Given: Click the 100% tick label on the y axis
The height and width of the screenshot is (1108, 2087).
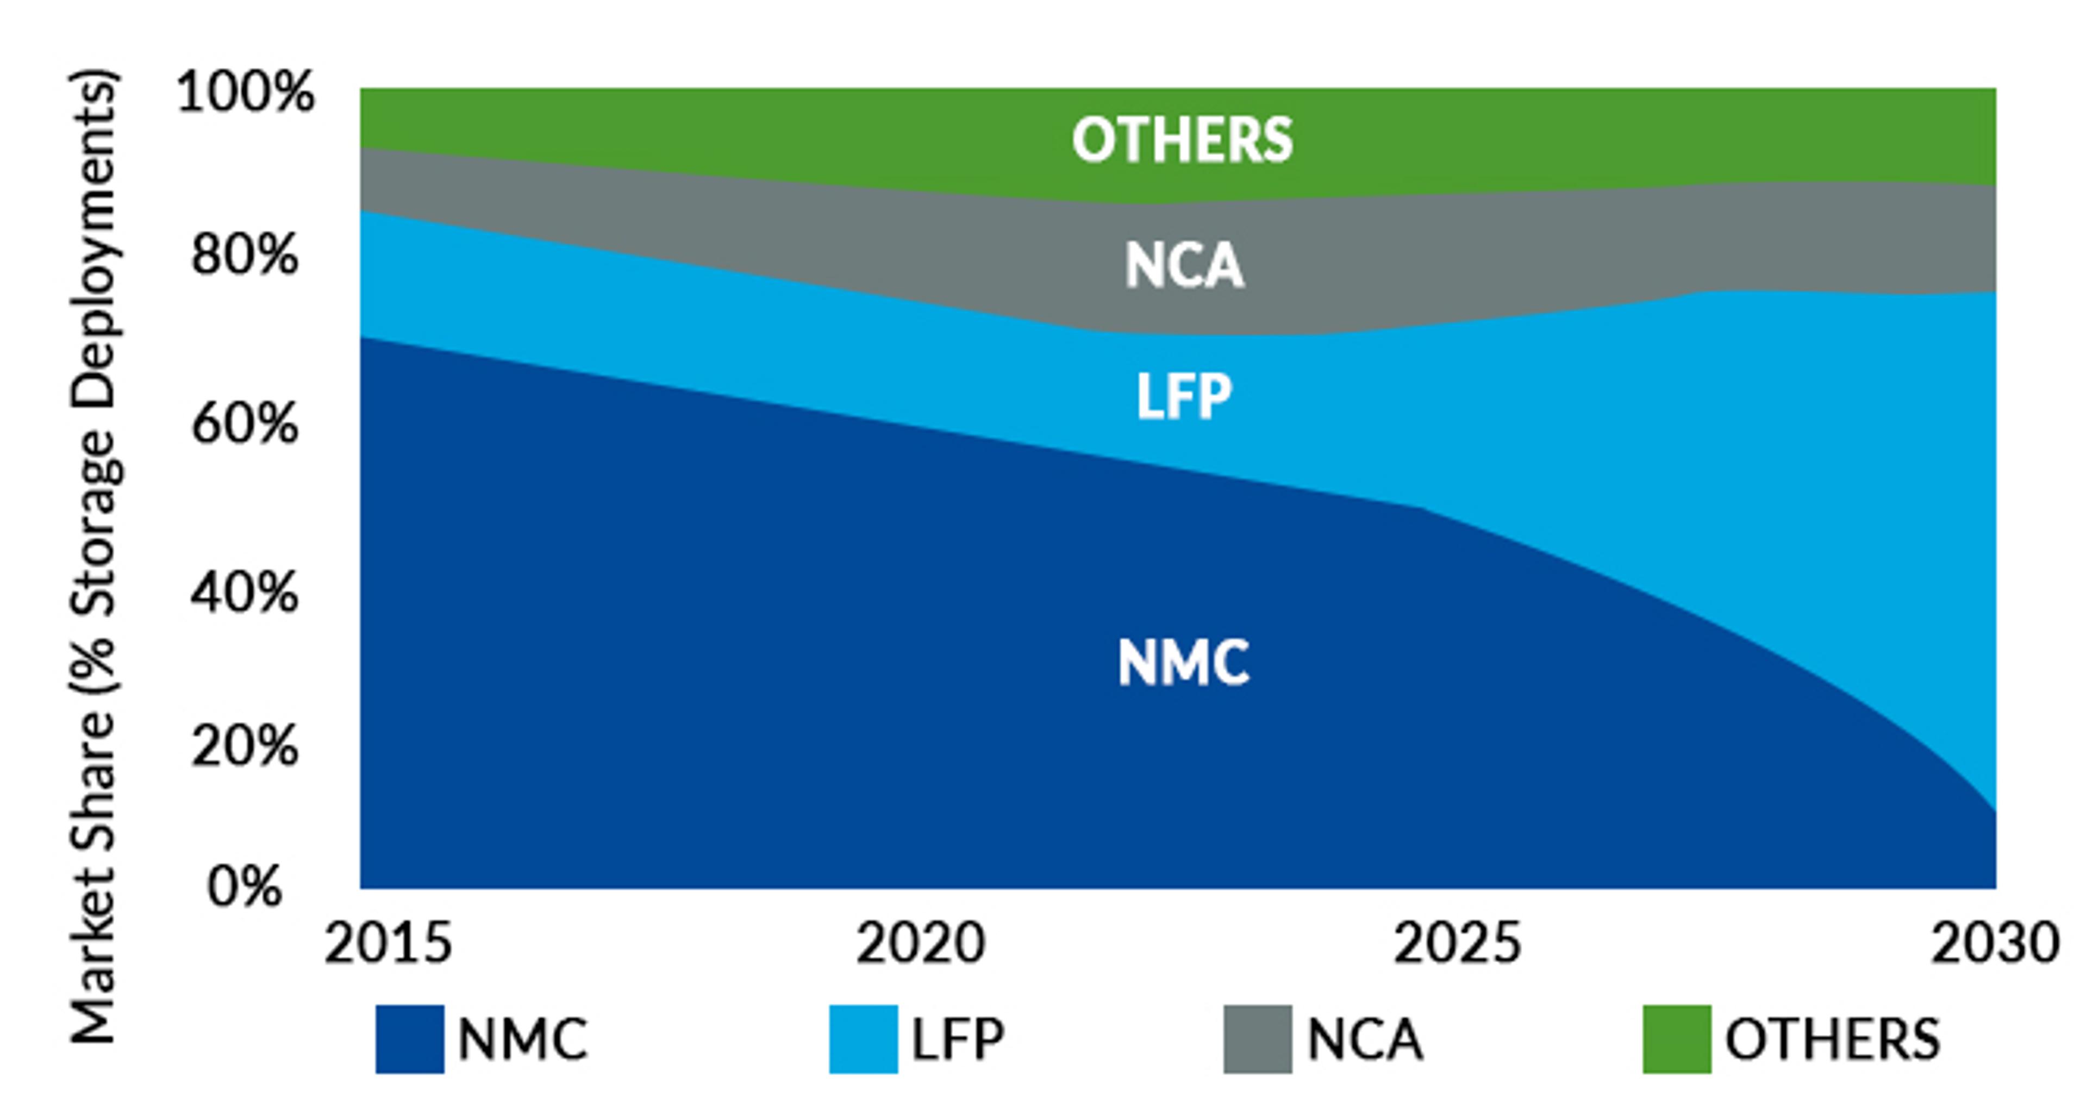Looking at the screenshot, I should click(245, 92).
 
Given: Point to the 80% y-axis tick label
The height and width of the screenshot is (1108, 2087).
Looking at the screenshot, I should click(245, 256).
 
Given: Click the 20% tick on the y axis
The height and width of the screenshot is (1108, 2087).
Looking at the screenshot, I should click(245, 746).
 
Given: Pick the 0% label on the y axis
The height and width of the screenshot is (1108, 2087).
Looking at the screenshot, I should click(245, 887).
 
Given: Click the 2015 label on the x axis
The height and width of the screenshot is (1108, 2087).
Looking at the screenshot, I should click(388, 943).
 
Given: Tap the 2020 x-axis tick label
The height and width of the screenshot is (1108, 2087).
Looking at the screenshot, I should click(921, 943).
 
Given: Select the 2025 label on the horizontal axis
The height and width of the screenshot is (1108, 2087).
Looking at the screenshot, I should click(1457, 943).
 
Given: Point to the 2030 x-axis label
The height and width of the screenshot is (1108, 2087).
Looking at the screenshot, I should click(1995, 943).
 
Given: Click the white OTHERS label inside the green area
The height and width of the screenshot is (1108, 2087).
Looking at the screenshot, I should click(1182, 139).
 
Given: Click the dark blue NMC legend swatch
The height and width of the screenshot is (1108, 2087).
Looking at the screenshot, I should click(410, 1039).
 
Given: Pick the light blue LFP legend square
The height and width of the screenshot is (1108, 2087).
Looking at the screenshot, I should click(864, 1039).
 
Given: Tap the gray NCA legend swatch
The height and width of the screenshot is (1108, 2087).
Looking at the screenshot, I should click(1258, 1039).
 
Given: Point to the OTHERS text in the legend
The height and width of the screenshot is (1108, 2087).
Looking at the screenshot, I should click(1833, 1039).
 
